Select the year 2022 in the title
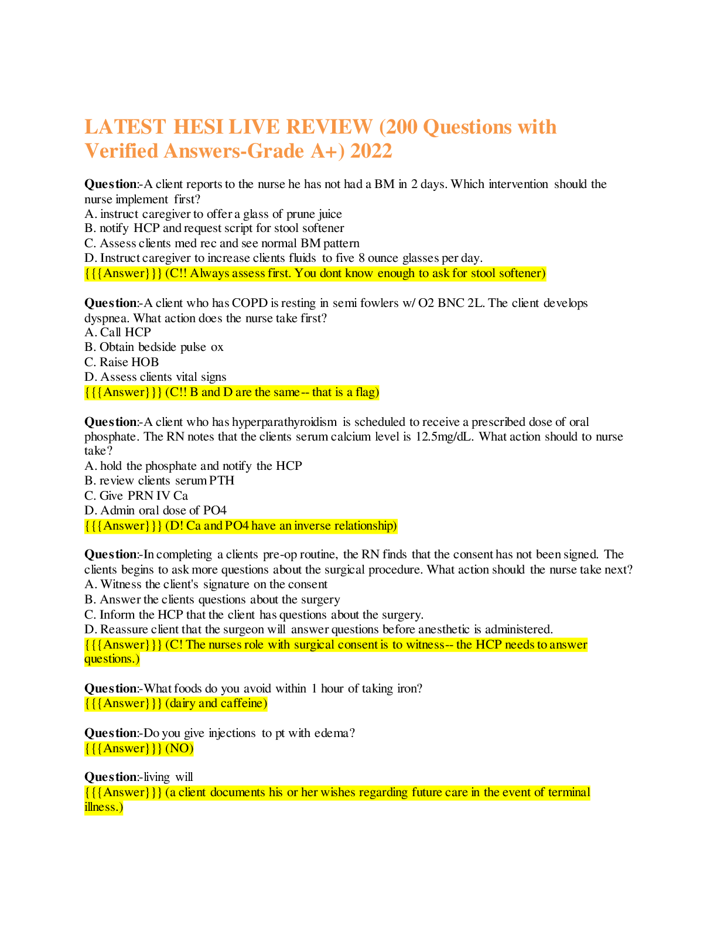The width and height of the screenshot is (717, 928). pos(371,151)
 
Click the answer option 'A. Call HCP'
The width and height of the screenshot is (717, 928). pos(118,332)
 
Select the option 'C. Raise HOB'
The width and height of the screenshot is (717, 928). pos(122,362)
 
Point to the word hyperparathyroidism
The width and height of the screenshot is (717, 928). pos(284,422)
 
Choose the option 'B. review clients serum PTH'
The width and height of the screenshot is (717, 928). pos(159,480)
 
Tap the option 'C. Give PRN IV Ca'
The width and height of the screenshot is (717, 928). pos(136,496)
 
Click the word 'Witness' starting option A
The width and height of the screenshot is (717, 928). pos(121,584)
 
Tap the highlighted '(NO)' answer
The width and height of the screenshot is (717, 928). pos(179,748)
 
